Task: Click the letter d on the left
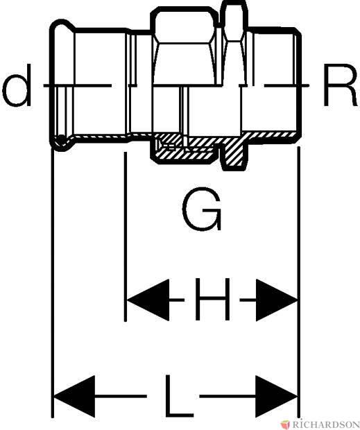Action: [17, 85]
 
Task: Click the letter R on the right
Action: [340, 85]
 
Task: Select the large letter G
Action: [202, 209]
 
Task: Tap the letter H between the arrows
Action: [212, 299]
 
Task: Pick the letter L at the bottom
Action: [180, 396]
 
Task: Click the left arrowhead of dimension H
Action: [148, 300]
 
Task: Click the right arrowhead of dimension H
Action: [276, 300]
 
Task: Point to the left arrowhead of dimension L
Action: [75, 396]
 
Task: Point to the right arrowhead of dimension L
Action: [276, 396]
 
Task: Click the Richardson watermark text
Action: [326, 424]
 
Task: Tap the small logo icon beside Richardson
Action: [285, 424]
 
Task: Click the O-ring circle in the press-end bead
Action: [60, 140]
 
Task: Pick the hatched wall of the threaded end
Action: [271, 135]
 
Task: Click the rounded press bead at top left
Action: [63, 26]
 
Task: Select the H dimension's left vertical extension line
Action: [126, 237]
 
